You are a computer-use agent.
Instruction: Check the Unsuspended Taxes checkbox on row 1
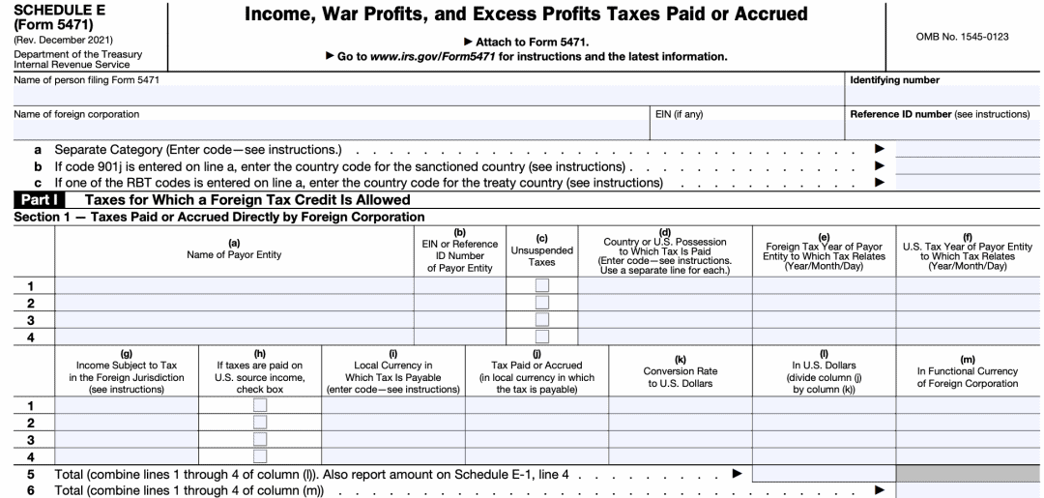pyautogui.click(x=542, y=284)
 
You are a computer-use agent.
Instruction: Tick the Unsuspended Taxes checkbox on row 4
pyautogui.click(x=542, y=337)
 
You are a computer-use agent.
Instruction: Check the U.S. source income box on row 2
pyautogui.click(x=259, y=422)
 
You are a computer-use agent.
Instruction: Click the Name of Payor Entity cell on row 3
pyautogui.click(x=234, y=319)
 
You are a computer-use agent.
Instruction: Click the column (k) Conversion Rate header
pyautogui.click(x=680, y=371)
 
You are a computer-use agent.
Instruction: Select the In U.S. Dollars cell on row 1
pyautogui.click(x=823, y=404)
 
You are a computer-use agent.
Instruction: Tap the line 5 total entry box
pyautogui.click(x=823, y=474)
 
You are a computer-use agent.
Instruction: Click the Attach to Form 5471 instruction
pyautogui.click(x=526, y=43)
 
